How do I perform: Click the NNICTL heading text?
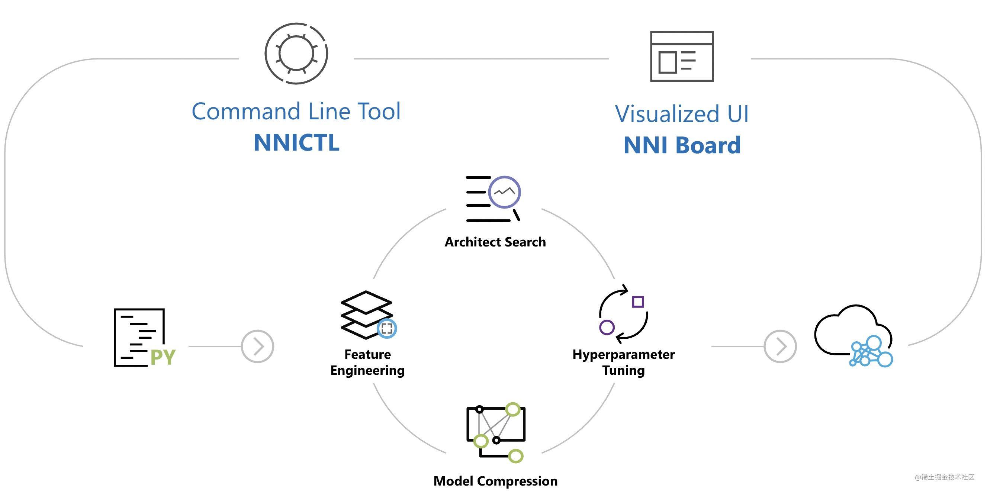click(x=296, y=142)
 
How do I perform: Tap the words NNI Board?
click(x=682, y=145)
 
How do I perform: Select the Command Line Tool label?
click(x=296, y=112)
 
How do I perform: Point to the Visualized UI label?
click(x=682, y=114)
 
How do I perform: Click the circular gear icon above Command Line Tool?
click(x=296, y=53)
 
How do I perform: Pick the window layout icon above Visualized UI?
click(x=682, y=56)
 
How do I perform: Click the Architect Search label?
click(x=495, y=242)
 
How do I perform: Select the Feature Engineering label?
click(x=367, y=362)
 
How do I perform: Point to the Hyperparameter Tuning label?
click(x=623, y=362)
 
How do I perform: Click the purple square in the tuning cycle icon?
click(x=638, y=302)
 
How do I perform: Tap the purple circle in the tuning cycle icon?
click(x=607, y=328)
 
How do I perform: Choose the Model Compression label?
click(x=495, y=481)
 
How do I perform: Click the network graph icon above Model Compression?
click(x=496, y=432)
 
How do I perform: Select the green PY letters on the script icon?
click(x=163, y=357)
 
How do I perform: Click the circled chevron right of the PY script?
click(x=257, y=346)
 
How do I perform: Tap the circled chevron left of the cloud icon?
click(x=781, y=346)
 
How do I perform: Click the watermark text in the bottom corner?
click(x=945, y=477)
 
